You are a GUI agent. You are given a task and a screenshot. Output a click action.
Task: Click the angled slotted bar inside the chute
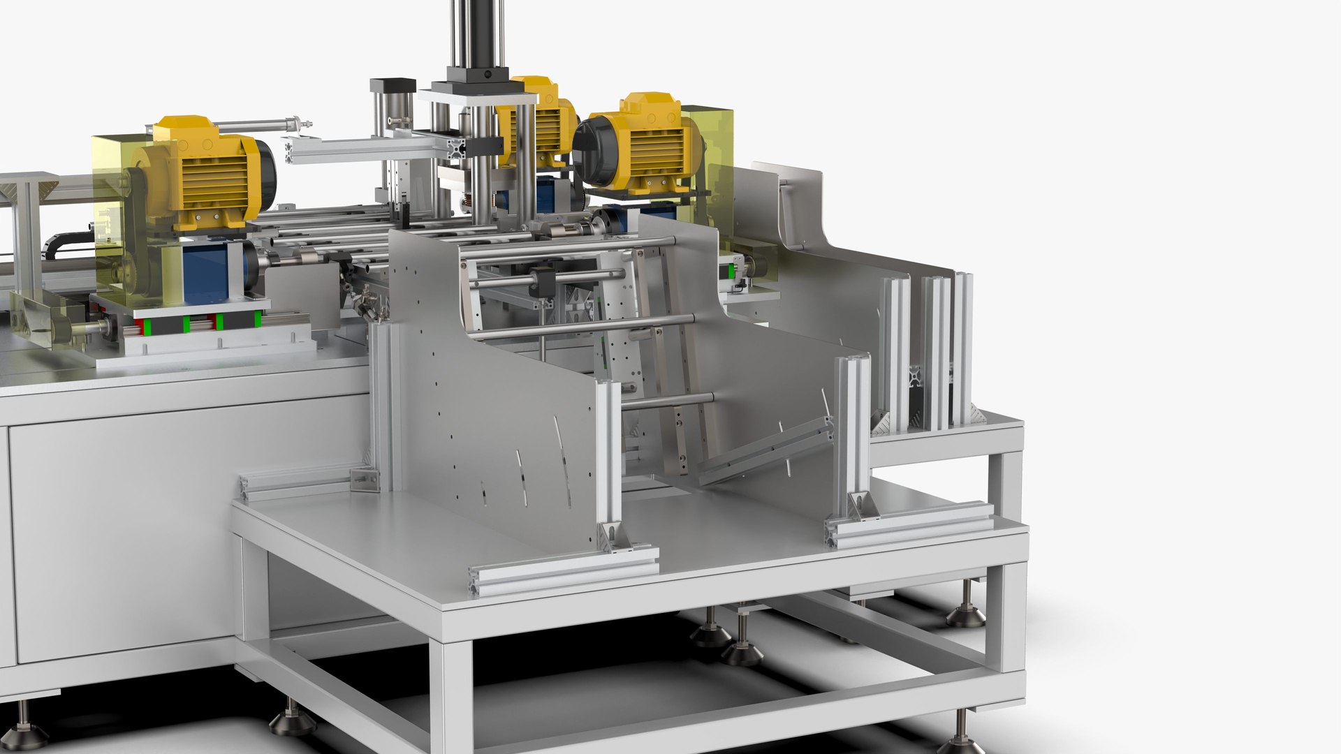(765, 450)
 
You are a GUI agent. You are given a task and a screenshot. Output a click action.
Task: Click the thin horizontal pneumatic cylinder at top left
(230, 126)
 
